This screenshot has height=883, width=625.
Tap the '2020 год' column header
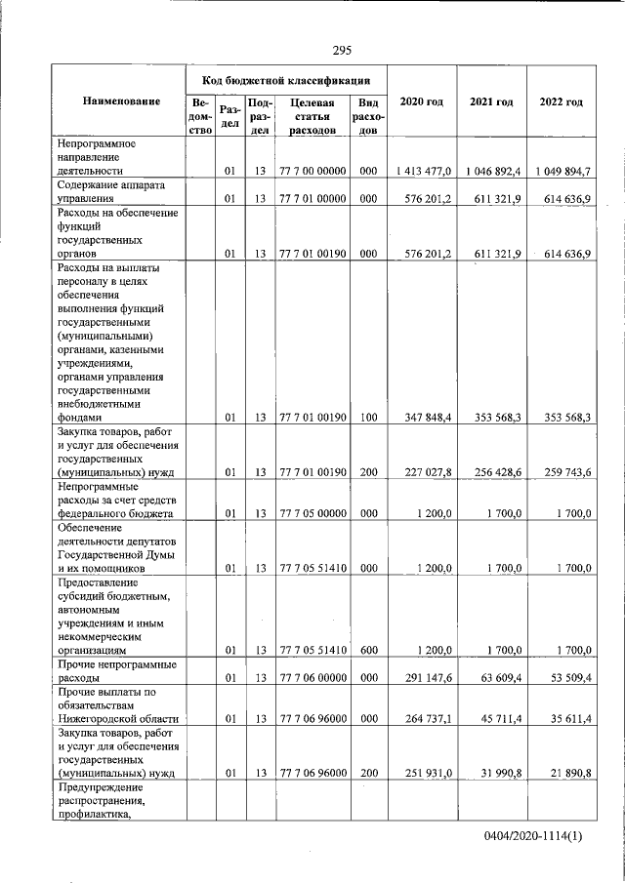click(x=422, y=102)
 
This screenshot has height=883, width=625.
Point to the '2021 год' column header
click(x=491, y=102)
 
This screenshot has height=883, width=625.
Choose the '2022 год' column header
click(x=561, y=102)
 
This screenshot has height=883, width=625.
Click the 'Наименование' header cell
click(x=121, y=102)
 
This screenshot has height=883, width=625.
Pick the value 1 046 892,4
click(x=493, y=171)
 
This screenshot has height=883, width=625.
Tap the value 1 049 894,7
click(x=562, y=171)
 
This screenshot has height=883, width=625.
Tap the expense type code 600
click(x=368, y=649)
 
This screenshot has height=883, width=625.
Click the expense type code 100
click(x=368, y=418)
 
